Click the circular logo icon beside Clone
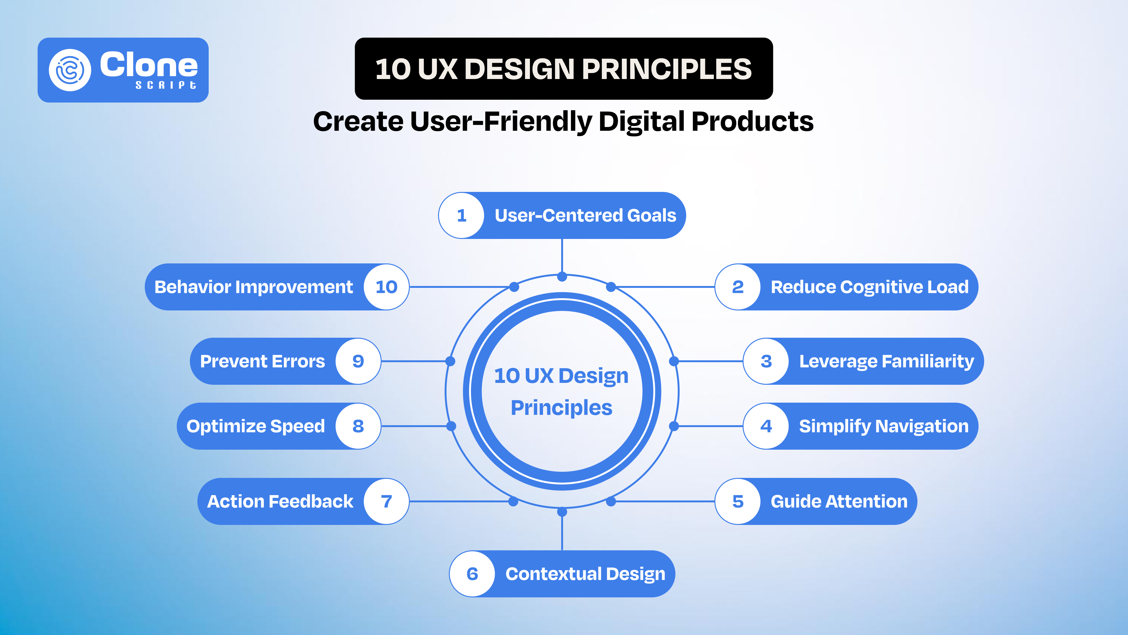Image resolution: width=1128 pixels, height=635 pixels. [x=70, y=70]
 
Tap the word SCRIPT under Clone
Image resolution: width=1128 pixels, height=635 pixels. [x=165, y=85]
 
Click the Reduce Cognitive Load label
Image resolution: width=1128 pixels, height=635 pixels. [x=869, y=287]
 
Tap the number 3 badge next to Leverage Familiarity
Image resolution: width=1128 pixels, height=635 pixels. [x=766, y=362]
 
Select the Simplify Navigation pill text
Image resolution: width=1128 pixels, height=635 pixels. [x=883, y=426]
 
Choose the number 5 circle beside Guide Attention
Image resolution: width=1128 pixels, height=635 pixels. [x=738, y=501]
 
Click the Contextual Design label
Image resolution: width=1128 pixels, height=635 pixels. [x=585, y=574]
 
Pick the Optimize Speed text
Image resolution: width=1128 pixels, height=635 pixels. [x=256, y=426]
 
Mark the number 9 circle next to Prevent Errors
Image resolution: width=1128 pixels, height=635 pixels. [x=358, y=362]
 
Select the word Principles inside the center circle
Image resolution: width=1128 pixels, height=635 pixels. [x=561, y=408]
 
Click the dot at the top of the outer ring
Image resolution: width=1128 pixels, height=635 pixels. [x=562, y=277]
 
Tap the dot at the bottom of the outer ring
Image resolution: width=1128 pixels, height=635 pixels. [x=562, y=512]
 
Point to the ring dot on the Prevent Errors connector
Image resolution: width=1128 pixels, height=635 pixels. [x=450, y=361]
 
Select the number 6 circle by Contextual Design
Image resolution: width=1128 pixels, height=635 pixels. [x=473, y=574]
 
